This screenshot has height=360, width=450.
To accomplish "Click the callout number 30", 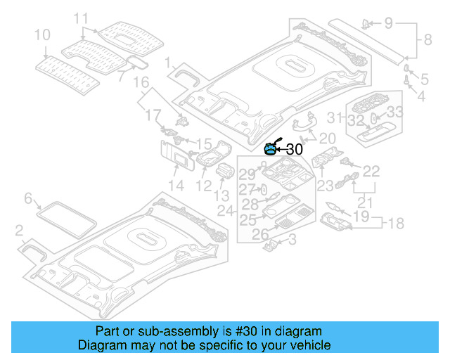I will pyautogui.click(x=295, y=149).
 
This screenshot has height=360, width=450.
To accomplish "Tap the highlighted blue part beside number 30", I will pyautogui.click(x=271, y=148).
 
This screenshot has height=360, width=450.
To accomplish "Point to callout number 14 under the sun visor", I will pyautogui.click(x=176, y=186).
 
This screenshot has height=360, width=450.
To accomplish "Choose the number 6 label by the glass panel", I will pyautogui.click(x=29, y=199).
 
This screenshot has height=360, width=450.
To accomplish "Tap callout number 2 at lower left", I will pyautogui.click(x=20, y=231).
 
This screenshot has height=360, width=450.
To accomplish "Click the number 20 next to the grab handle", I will pyautogui.click(x=328, y=138).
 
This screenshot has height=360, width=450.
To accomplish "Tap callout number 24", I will pyautogui.click(x=225, y=210).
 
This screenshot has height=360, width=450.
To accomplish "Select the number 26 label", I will pyautogui.click(x=260, y=234).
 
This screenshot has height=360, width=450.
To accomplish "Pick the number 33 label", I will pyautogui.click(x=395, y=111).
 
